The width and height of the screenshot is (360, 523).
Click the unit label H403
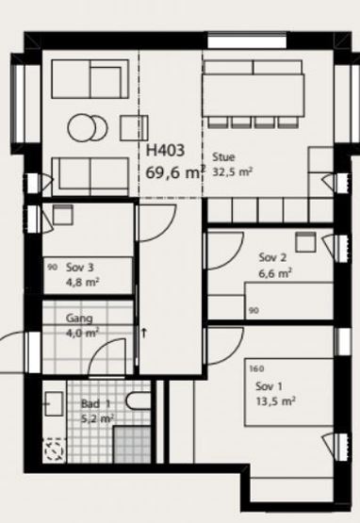point(165,151)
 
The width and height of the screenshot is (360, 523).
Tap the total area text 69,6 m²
point(175,172)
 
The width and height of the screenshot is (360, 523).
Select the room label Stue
point(223,156)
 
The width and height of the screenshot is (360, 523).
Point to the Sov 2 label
point(272,257)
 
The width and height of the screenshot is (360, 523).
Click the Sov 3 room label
point(80,268)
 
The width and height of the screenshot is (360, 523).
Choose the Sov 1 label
point(269,386)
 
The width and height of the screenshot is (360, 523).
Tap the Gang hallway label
point(79,319)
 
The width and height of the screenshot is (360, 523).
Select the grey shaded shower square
point(132,445)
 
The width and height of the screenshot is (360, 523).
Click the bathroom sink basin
point(54,403)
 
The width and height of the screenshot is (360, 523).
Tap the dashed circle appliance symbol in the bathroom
point(54,449)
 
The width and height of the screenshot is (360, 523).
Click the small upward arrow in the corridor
point(144,333)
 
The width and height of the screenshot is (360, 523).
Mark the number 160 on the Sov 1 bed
point(256,368)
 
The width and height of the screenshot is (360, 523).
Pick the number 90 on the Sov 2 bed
point(254,311)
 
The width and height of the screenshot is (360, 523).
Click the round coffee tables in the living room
point(88,127)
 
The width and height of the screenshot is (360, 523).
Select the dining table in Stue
point(254,95)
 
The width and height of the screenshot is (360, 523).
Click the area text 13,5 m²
point(275,400)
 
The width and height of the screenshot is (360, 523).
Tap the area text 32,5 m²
point(232,172)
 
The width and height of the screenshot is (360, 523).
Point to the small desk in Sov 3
point(63,215)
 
